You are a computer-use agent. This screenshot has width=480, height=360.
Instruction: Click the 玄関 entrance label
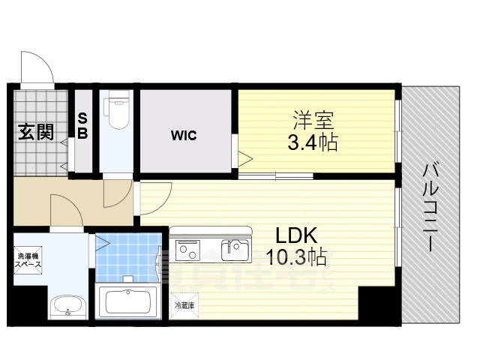pyautogui.click(x=36, y=133)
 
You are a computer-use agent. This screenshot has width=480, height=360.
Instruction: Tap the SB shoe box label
pyautogui.click(x=82, y=127)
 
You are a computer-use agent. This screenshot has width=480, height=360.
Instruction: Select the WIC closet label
pyautogui.click(x=184, y=136)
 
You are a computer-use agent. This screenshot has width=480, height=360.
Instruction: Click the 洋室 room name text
pyautogui.click(x=313, y=120)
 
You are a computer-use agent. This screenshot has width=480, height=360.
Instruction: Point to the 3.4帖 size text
pyautogui.click(x=313, y=142)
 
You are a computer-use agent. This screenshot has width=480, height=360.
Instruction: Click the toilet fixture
pyautogui.click(x=117, y=112)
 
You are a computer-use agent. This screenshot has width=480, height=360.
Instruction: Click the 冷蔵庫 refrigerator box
pyautogui.click(x=184, y=306)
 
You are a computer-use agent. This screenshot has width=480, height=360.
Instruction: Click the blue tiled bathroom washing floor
pyautogui.click(x=127, y=255)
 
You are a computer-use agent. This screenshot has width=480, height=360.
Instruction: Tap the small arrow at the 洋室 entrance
pyautogui.click(x=245, y=156)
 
